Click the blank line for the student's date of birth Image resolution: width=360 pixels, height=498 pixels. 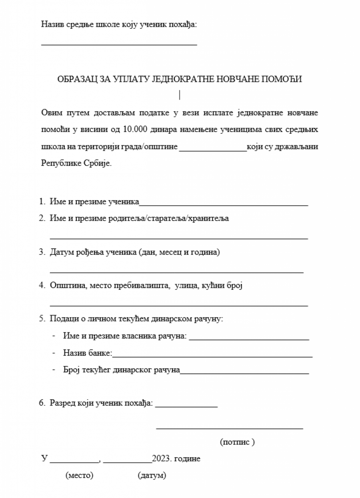pyautogui.click(x=176, y=272)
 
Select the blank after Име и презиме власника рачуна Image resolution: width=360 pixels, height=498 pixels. pyautogui.click(x=249, y=339)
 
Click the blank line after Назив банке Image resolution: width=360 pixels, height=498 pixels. pyautogui.click(x=212, y=356)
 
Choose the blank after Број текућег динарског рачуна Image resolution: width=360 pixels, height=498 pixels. pyautogui.click(x=244, y=373)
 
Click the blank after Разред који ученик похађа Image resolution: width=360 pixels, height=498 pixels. pyautogui.click(x=186, y=407)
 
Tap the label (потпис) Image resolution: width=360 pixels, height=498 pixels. pyautogui.click(x=237, y=442)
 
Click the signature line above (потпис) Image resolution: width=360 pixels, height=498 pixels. pyautogui.click(x=229, y=428)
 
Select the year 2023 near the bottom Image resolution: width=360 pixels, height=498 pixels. pyautogui.click(x=161, y=459)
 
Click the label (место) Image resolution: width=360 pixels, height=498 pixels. pyautogui.click(x=79, y=476)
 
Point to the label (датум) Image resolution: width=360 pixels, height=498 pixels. pyautogui.click(x=152, y=476)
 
